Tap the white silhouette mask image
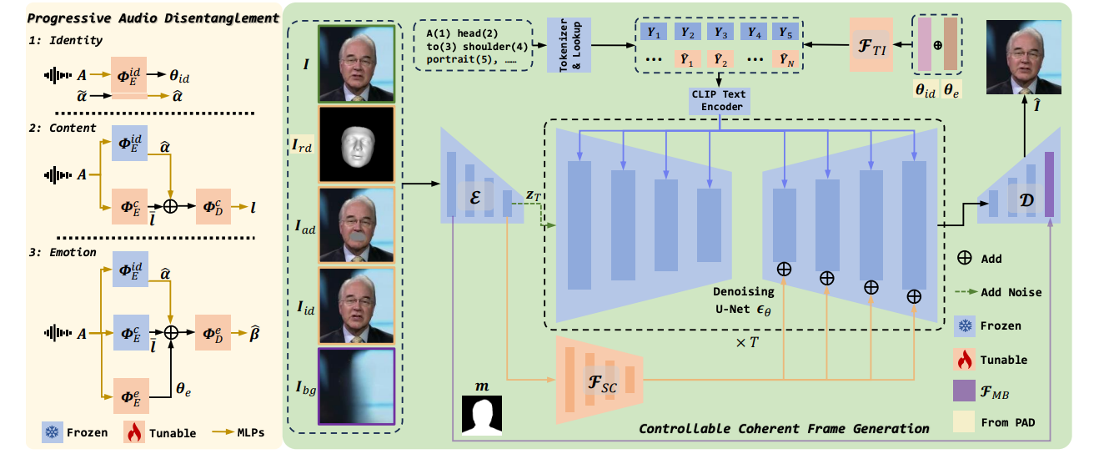(483, 414)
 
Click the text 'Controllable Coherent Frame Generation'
(784, 428)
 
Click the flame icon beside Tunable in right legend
(965, 360)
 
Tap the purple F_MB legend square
(965, 391)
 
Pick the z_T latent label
(534, 194)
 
